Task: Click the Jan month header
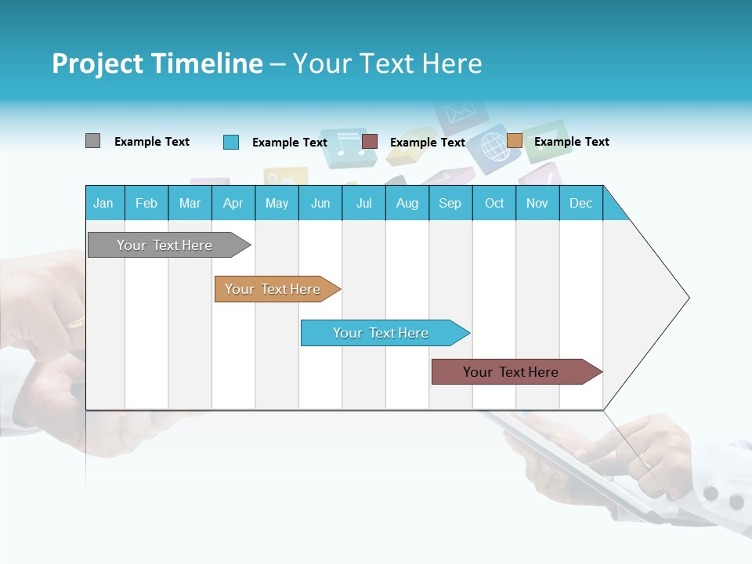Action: [103, 204]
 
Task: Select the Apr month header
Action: [233, 204]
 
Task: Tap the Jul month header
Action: [364, 204]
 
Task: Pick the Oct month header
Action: [494, 204]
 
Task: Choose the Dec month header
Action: [580, 204]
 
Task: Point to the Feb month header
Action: [146, 204]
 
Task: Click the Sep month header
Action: [450, 204]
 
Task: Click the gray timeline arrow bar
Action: [169, 244]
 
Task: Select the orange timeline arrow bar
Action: [277, 289]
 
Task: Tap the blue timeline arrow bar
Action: [385, 333]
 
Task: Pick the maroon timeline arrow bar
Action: [517, 371]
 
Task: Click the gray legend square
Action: [92, 141]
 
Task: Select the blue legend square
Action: [231, 142]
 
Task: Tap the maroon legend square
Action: [370, 142]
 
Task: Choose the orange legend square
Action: [515, 140]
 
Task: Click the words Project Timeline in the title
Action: [157, 63]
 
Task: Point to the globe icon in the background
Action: [494, 146]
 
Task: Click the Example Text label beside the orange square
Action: [572, 142]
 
